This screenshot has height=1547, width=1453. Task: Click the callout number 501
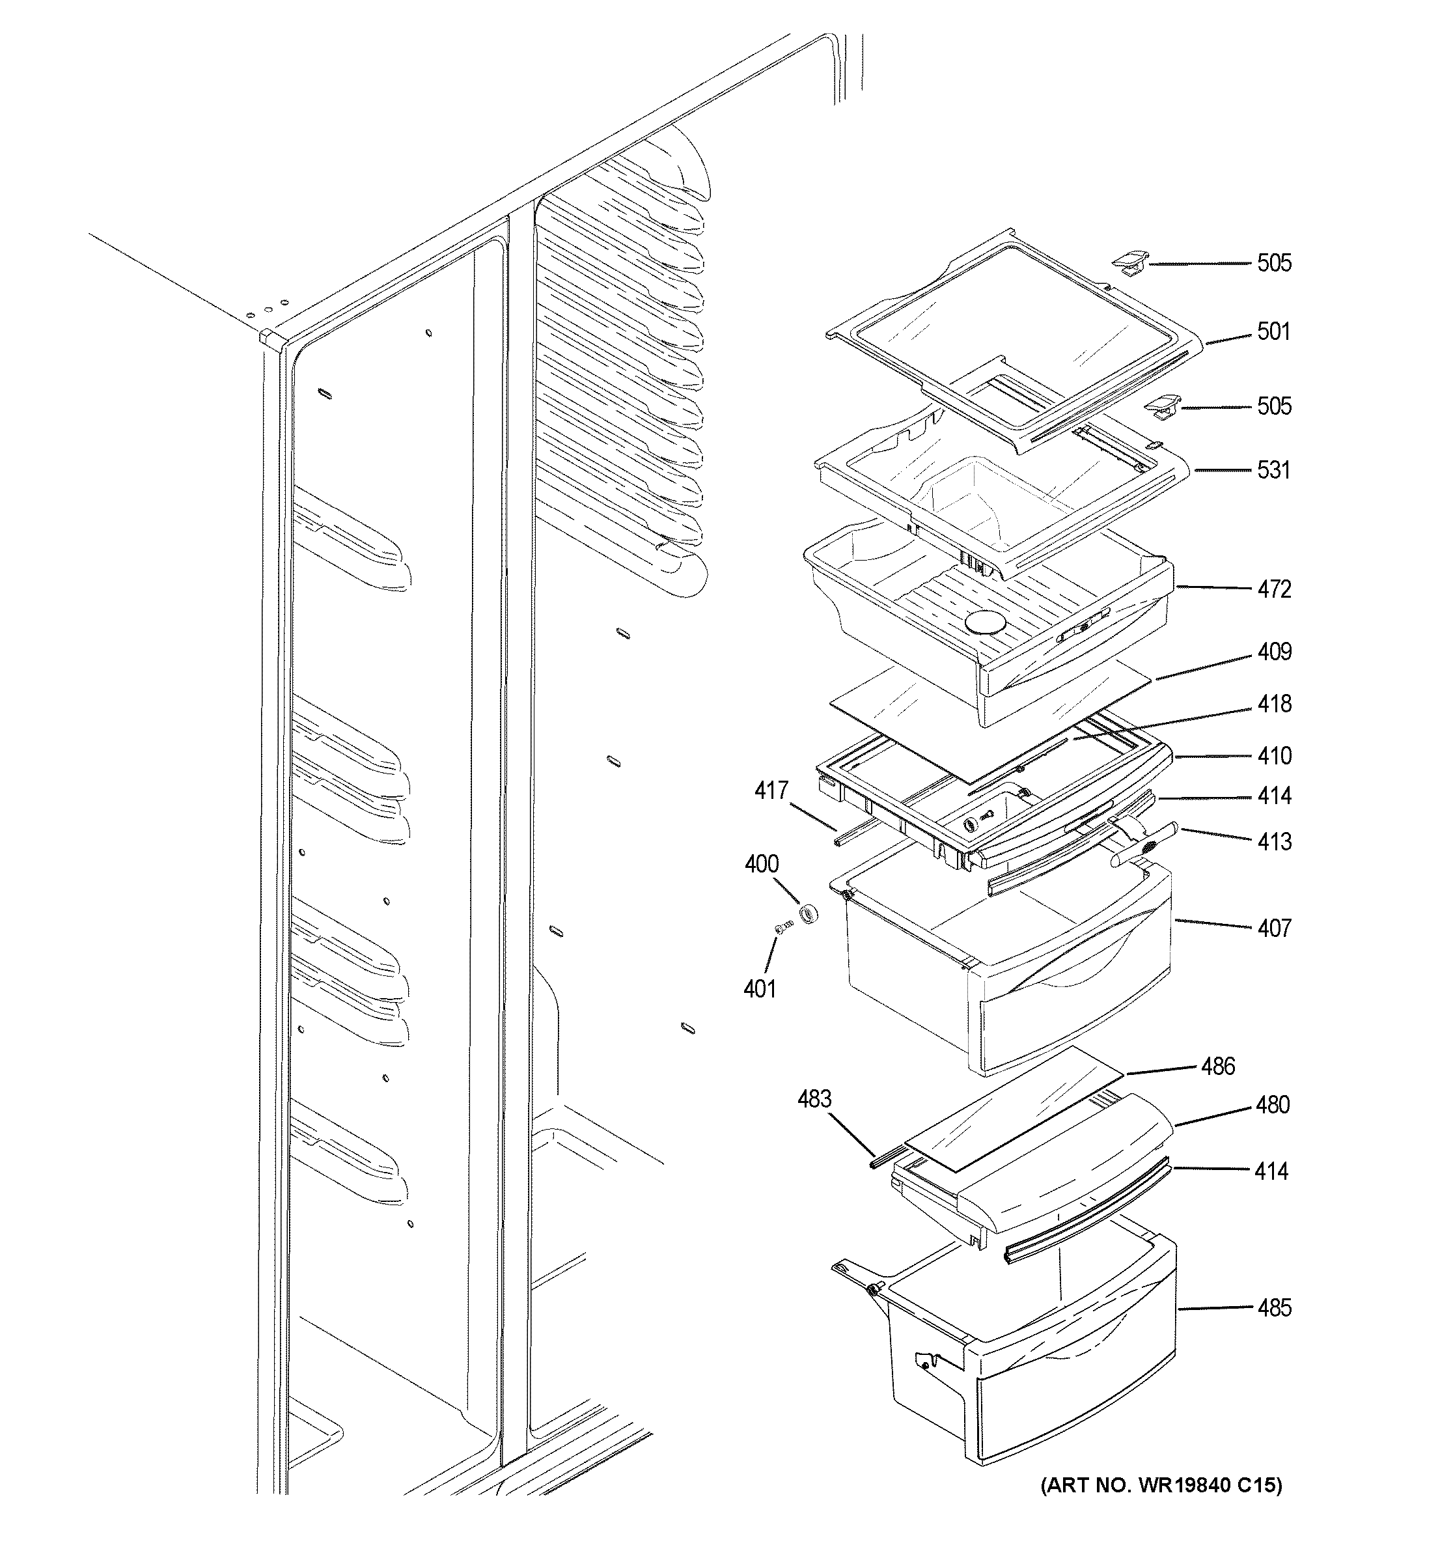(1273, 332)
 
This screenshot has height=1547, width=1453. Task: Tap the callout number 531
(1273, 470)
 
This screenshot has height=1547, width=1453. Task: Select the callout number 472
(1274, 589)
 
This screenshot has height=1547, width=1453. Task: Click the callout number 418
(1274, 704)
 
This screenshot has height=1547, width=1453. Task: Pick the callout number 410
(1274, 756)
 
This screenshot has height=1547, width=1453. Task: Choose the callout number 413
(1274, 841)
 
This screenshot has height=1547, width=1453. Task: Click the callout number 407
(1274, 928)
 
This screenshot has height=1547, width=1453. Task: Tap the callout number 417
(771, 791)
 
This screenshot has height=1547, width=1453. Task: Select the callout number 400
(762, 864)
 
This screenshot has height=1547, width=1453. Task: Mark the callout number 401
(760, 989)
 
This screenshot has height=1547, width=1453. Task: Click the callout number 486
(1218, 1066)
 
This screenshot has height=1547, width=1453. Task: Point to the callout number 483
(814, 1099)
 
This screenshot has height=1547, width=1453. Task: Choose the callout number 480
(1273, 1105)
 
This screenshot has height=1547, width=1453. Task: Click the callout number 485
(1274, 1308)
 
